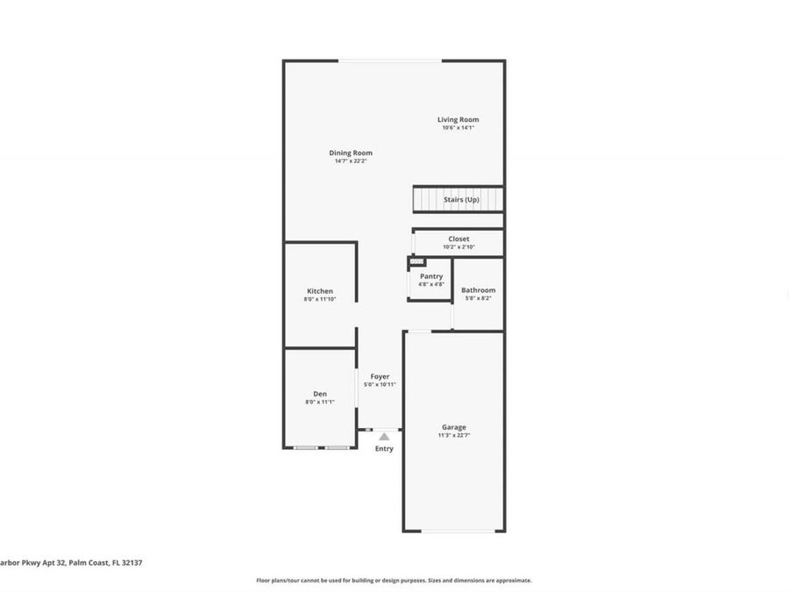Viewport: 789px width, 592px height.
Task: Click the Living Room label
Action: (458, 119)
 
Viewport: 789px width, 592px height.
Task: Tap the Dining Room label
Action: (351, 153)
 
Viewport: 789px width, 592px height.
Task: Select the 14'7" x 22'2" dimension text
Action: (351, 161)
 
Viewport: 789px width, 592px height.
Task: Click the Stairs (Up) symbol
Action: (458, 199)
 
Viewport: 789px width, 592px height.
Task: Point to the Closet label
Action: (458, 239)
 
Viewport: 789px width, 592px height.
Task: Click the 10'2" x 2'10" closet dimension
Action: (458, 247)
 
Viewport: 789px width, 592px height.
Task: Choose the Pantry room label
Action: (431, 276)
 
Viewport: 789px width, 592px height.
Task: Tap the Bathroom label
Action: (478, 289)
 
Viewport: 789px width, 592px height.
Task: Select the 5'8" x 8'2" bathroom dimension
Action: (478, 298)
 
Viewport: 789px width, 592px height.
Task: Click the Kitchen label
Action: (319, 291)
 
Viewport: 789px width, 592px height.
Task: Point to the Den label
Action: (319, 394)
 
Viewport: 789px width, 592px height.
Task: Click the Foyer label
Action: (380, 376)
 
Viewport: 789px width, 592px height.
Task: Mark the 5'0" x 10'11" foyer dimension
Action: (380, 385)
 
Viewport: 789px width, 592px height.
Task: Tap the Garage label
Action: (453, 427)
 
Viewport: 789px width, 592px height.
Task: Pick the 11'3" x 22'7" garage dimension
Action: (453, 436)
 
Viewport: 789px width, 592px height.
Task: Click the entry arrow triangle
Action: (384, 436)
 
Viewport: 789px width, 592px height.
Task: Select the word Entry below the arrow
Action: (384, 448)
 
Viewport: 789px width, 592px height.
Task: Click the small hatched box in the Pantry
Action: (416, 261)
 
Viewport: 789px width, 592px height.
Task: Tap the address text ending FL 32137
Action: (61, 563)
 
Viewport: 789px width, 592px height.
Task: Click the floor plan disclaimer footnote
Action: (394, 581)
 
